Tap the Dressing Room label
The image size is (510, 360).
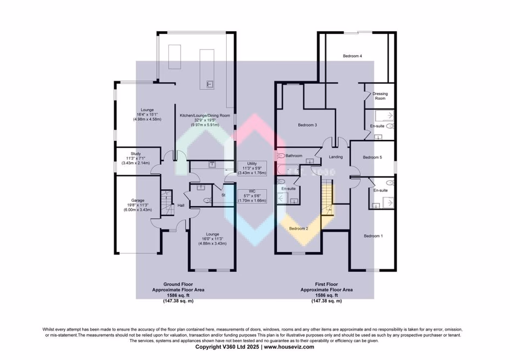(380, 96)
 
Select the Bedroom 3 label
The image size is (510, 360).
(307, 125)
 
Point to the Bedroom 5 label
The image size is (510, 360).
(372, 157)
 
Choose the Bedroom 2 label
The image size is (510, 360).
(298, 228)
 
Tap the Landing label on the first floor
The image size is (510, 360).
(336, 157)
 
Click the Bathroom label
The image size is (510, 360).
(294, 155)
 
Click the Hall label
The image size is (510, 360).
(181, 206)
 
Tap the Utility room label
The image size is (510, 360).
(252, 164)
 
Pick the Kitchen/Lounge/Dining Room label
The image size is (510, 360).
(205, 116)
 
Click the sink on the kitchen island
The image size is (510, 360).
(210, 84)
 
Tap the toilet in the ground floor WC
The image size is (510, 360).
(206, 200)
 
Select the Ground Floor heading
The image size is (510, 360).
(178, 284)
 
